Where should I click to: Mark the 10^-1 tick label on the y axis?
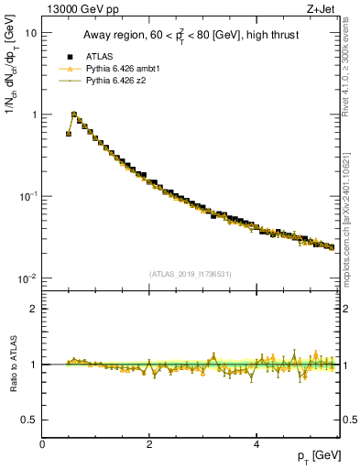(27, 196)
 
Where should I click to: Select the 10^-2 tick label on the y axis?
(27, 278)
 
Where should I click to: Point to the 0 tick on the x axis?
(42, 444)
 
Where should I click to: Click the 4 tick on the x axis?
(256, 444)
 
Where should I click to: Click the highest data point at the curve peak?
(74, 115)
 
